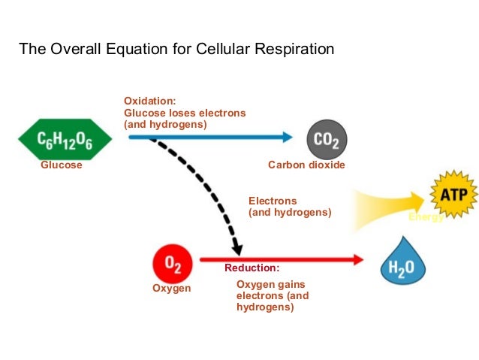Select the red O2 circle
pyautogui.click(x=172, y=265)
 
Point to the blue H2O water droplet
pyautogui.click(x=402, y=263)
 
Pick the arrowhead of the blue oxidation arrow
pyautogui.click(x=287, y=138)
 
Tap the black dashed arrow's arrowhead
pyautogui.click(x=238, y=248)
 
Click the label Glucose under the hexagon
pyautogui.click(x=61, y=165)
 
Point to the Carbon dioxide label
pyautogui.click(x=306, y=165)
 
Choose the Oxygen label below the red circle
pyautogui.click(x=171, y=289)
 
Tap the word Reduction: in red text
pyautogui.click(x=252, y=268)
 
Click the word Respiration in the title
pyautogui.click(x=291, y=50)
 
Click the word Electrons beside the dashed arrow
pyautogui.click(x=273, y=201)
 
